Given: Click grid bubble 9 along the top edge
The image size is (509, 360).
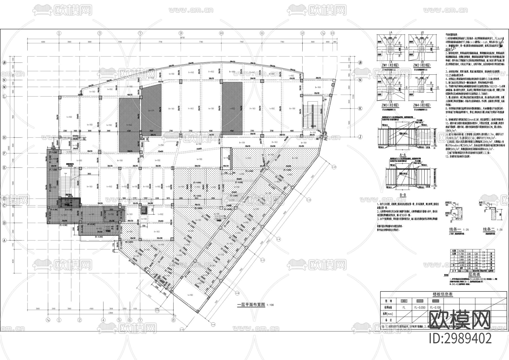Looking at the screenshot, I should click(181, 33).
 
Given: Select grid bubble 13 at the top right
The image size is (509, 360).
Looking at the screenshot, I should click(332, 33).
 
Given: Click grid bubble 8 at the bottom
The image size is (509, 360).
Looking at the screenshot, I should click(173, 320).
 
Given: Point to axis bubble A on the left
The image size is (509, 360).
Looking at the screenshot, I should click(4, 240).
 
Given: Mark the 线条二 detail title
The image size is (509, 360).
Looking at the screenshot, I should click(490, 230).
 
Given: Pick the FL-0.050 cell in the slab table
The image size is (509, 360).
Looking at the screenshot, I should click(420, 308).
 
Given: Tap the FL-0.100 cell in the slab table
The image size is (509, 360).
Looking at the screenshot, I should click(435, 308).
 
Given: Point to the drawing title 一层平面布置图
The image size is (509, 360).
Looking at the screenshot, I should click(251, 305).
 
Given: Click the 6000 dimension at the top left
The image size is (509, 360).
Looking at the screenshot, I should click(43, 42).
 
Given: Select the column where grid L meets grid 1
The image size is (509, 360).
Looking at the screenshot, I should click(59, 97).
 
